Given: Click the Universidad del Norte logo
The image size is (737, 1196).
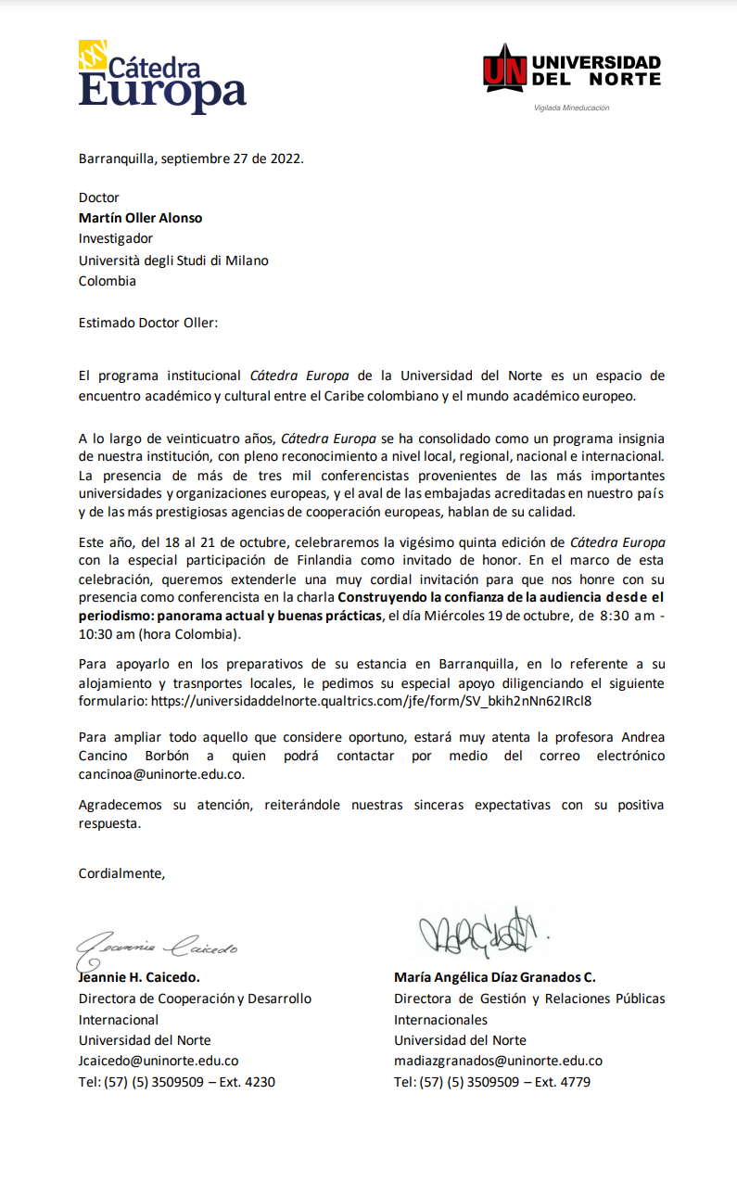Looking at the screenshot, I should coord(572,71).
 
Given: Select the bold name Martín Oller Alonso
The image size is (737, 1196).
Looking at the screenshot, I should coord(140,218).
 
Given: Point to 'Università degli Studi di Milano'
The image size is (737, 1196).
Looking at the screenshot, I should coord(173,261).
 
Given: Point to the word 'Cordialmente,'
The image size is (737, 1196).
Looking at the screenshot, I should coord(121,872).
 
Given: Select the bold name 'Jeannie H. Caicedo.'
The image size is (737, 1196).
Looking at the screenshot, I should coord(139,977).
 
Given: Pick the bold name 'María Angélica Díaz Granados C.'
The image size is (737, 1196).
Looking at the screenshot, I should coord(494,977).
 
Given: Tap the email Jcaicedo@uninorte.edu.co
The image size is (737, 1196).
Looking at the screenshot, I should coord(159,1061).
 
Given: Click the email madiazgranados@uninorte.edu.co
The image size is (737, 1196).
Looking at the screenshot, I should coord(498,1061).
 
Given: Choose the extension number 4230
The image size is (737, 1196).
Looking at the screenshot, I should coord(259,1082).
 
